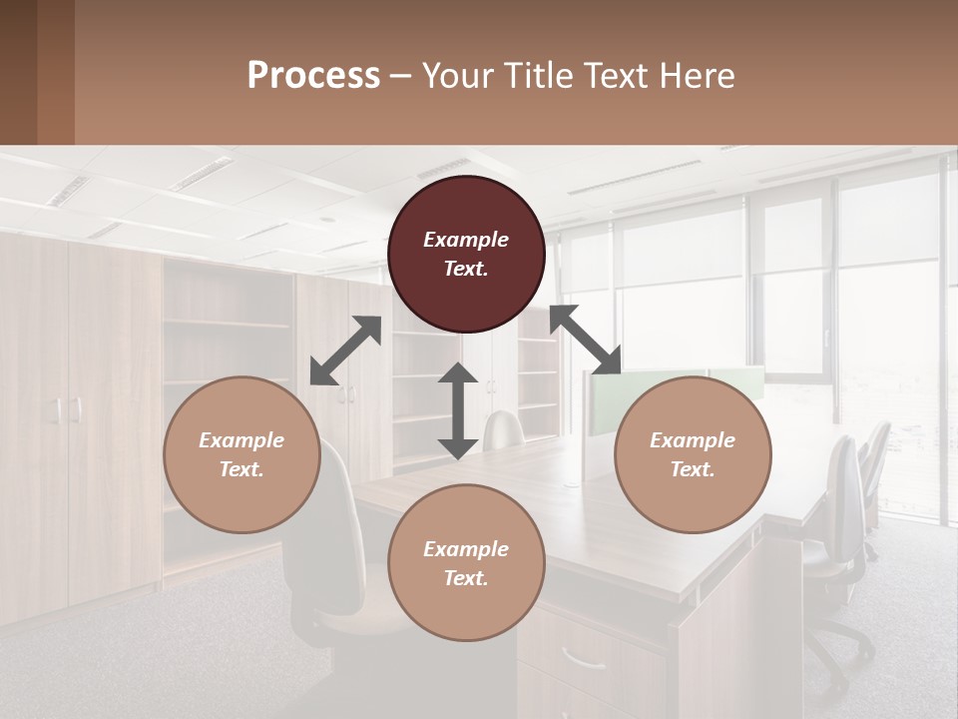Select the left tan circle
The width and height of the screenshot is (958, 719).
(241, 454)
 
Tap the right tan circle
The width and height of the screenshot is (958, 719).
(693, 454)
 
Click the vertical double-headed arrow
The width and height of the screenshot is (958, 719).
(458, 410)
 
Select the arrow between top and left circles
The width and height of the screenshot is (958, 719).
(345, 351)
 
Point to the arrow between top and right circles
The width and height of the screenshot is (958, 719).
(586, 340)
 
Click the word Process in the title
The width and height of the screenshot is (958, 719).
(313, 76)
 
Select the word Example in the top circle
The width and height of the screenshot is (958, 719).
(466, 240)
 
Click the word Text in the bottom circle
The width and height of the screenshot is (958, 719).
(466, 578)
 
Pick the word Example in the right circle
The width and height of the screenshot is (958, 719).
(693, 440)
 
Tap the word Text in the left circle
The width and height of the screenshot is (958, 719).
(241, 469)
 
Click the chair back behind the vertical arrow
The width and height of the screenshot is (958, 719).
(504, 428)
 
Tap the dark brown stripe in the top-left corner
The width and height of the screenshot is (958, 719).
(18, 72)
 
